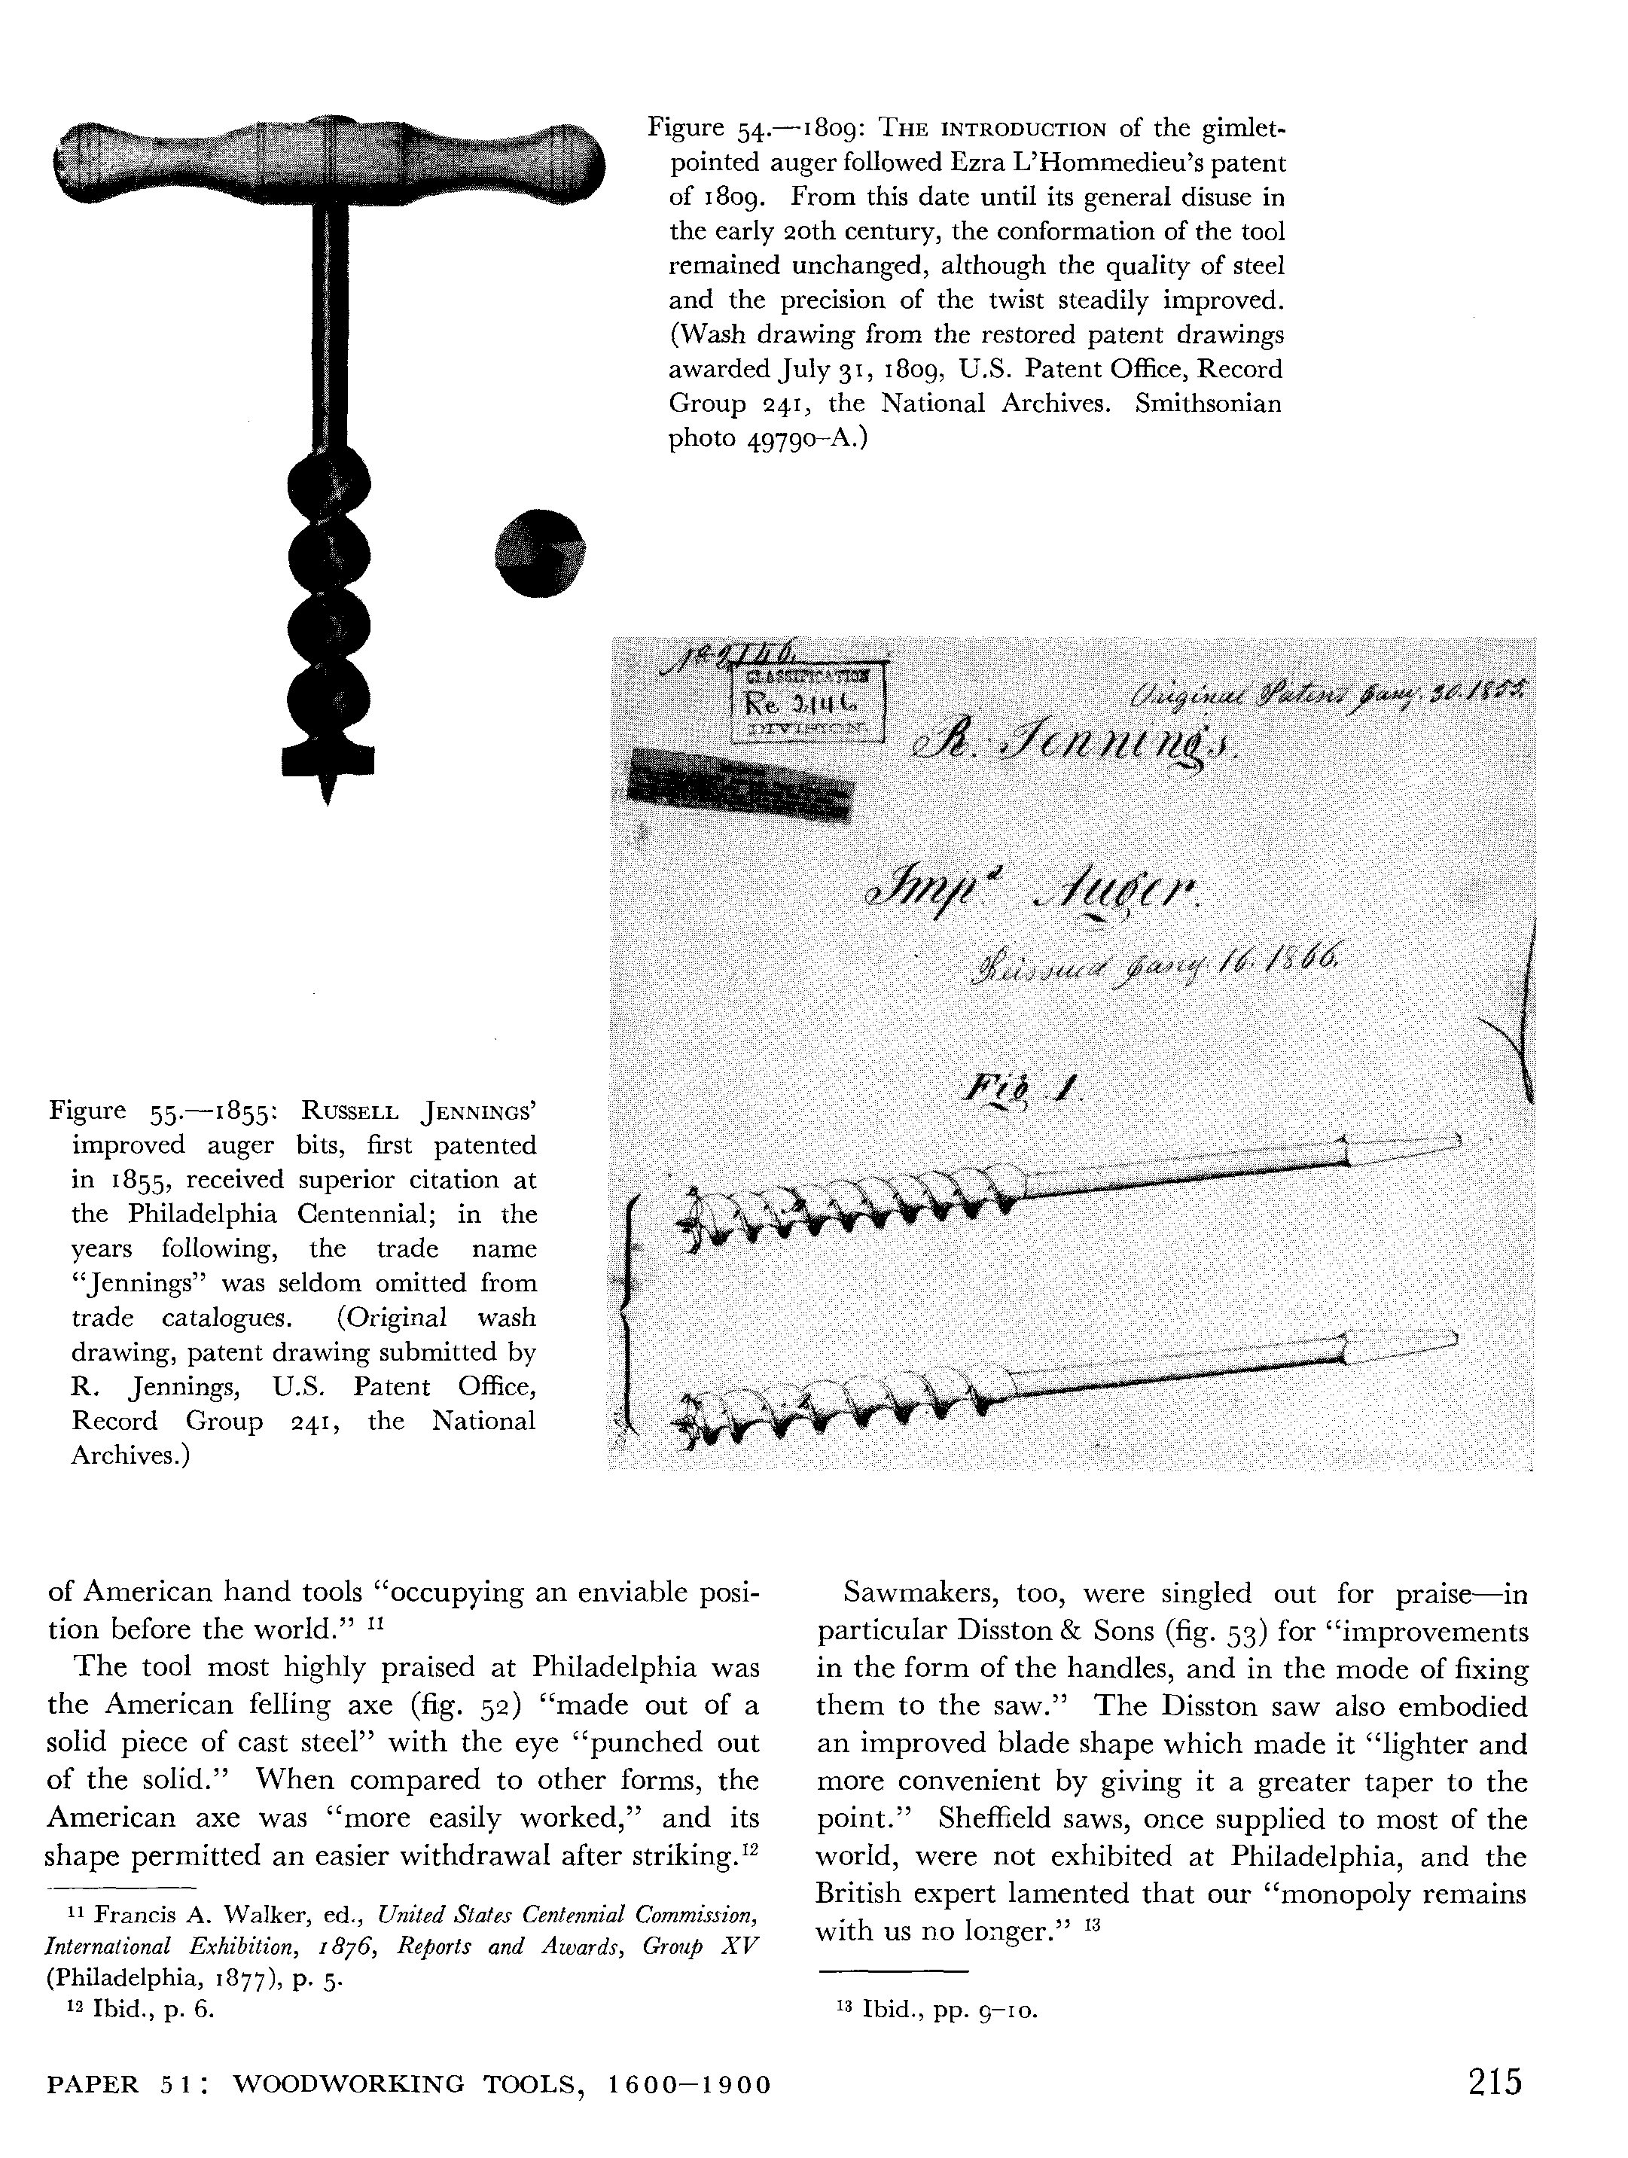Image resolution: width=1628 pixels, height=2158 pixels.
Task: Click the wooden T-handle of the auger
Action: point(327,161)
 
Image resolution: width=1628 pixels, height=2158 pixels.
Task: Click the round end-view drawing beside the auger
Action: point(541,552)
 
